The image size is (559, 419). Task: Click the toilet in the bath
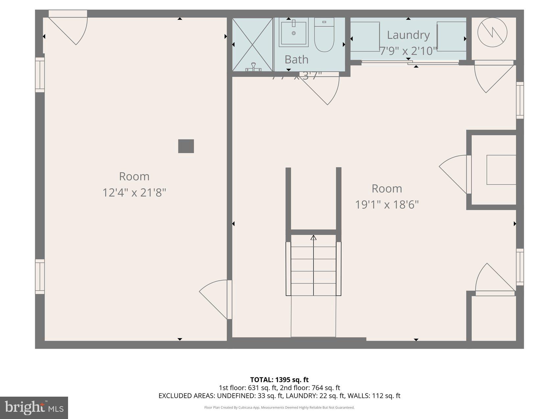(x=324, y=35)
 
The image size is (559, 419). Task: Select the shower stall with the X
(x=253, y=44)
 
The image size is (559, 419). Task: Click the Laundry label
(x=408, y=35)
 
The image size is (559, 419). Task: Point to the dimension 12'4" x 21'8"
(x=134, y=193)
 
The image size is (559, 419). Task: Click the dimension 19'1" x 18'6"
(x=387, y=205)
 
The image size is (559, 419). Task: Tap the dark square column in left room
(x=186, y=146)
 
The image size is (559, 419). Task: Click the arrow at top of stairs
(x=313, y=237)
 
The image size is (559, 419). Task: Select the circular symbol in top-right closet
(x=492, y=32)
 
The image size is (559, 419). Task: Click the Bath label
(x=296, y=59)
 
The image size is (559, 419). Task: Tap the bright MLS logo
(x=34, y=408)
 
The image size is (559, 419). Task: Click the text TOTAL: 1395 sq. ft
(x=279, y=380)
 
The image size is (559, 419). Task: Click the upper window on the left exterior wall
(x=40, y=75)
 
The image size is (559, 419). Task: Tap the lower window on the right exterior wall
(x=520, y=267)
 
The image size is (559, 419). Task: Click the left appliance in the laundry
(x=365, y=36)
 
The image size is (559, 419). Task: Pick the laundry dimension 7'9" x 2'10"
(x=408, y=51)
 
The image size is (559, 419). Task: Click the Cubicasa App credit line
(x=279, y=407)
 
